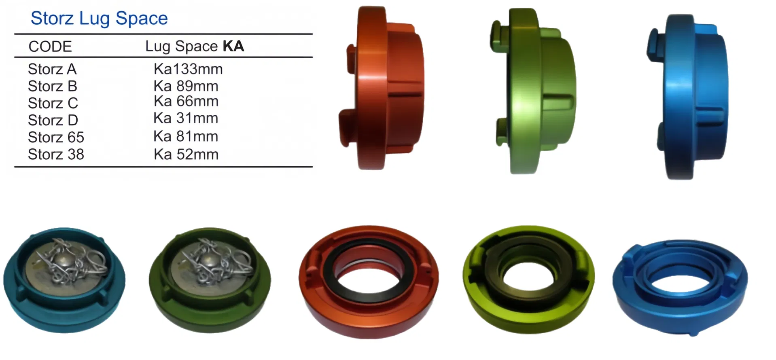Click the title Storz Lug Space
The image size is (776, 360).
click(x=99, y=19)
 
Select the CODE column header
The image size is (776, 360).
click(x=50, y=47)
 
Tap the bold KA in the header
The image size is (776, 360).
click(x=233, y=46)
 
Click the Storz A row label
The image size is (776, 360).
click(x=52, y=69)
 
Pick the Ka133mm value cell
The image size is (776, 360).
click(x=188, y=69)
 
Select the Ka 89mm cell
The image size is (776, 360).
click(x=186, y=86)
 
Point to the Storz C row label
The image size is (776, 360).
click(x=53, y=103)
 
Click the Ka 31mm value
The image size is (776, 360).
click(x=186, y=118)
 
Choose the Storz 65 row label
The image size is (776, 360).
click(x=56, y=137)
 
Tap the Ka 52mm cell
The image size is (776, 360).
click(x=186, y=154)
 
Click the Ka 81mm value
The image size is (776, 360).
click(x=186, y=136)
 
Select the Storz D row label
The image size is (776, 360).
click(x=53, y=120)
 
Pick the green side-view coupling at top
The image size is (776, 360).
click(x=534, y=91)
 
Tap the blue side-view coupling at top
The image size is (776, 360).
click(x=688, y=97)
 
